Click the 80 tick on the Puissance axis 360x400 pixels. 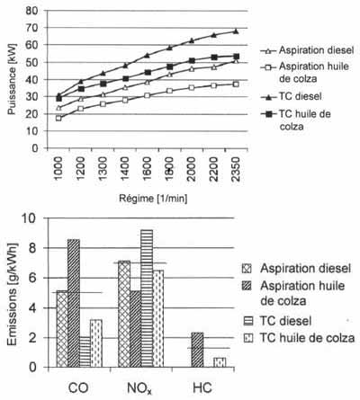click(x=31, y=11)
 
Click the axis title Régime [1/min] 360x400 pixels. click(x=153, y=199)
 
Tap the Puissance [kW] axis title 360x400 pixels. click(x=12, y=79)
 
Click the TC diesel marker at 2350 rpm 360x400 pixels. click(x=236, y=31)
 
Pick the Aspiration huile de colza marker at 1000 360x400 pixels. click(x=58, y=118)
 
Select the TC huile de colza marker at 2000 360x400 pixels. click(x=192, y=61)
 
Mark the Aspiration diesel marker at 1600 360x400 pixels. click(x=147, y=82)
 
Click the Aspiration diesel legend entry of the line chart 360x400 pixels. click(x=308, y=50)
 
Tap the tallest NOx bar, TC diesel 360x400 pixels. click(x=147, y=298)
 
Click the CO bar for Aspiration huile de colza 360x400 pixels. click(x=74, y=303)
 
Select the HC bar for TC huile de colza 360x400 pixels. click(x=220, y=362)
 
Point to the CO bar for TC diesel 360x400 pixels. click(x=85, y=352)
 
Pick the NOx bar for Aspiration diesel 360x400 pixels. click(x=124, y=314)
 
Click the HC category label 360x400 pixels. click(x=202, y=388)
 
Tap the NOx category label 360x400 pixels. click(x=139, y=388)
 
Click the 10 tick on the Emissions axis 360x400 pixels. click(x=29, y=218)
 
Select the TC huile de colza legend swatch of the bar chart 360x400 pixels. click(x=247, y=338)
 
